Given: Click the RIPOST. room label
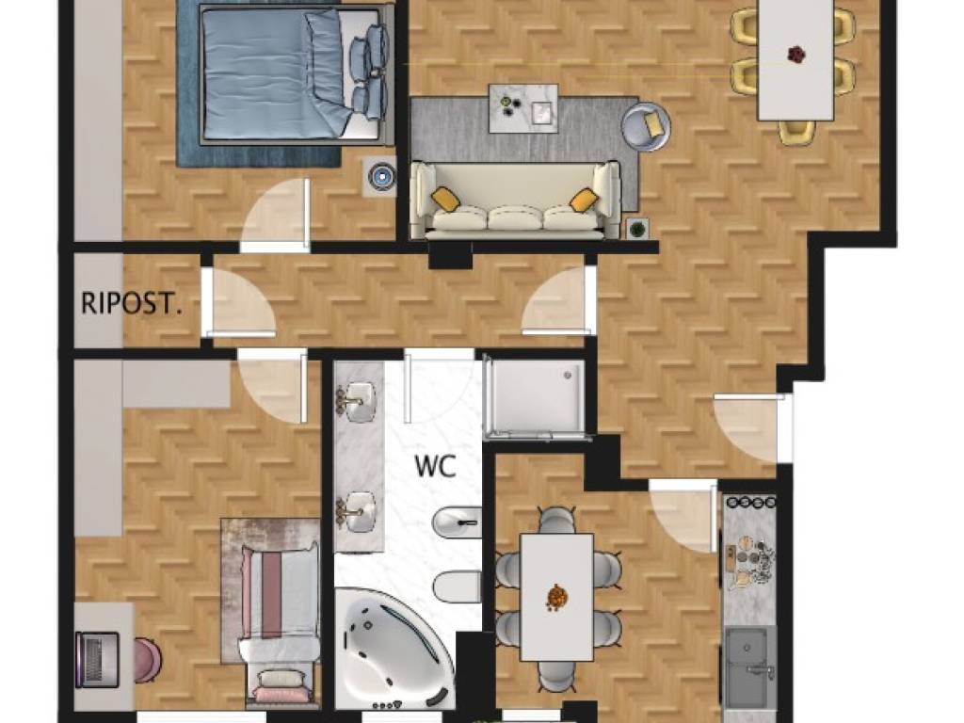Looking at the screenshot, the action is click(132, 304).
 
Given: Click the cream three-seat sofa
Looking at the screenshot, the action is click(515, 200).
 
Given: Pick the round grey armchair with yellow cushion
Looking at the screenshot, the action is click(646, 127).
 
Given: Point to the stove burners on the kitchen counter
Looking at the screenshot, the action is click(750, 502).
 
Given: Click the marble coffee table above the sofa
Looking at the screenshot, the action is click(523, 108).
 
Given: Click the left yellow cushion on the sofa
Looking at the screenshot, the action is click(446, 200).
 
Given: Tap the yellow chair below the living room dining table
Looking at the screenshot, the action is click(796, 132).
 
